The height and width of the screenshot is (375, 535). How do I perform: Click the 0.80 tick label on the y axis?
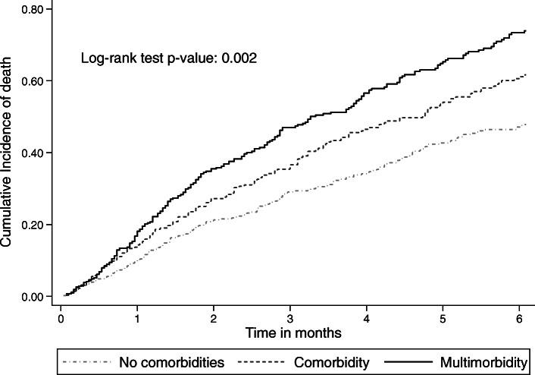37,9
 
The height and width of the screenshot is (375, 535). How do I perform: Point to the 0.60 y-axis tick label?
37,81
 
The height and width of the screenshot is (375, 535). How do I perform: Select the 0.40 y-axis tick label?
37,153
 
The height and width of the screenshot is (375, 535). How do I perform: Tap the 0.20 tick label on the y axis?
37,225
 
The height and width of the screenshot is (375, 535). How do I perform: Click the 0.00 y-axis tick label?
37,297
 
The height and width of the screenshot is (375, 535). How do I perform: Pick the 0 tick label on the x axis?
61,318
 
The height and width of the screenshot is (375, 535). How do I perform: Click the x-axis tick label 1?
137,318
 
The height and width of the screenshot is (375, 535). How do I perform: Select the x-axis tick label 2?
214,318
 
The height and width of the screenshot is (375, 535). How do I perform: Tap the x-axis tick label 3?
290,318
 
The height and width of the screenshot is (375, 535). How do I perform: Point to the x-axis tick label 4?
367,318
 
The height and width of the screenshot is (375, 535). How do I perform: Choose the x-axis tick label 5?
443,318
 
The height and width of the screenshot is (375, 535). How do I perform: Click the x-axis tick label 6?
520,318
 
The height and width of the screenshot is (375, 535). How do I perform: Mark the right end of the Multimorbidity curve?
526,31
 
